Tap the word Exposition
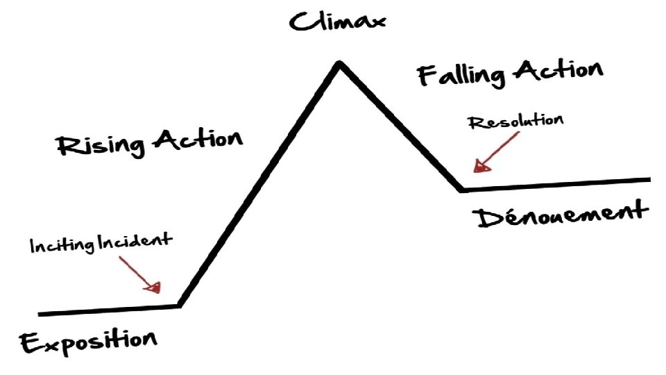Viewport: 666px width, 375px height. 89,342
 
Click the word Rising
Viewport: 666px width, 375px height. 101,145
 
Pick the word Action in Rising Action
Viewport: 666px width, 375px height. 198,139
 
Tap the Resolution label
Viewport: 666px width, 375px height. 515,122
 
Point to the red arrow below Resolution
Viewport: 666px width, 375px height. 496,151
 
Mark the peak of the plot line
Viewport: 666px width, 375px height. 339,64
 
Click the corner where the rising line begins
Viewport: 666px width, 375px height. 180,304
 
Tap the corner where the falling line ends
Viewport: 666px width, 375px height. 461,188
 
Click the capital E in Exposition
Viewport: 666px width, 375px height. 30,343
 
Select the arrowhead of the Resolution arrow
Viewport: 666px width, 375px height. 479,167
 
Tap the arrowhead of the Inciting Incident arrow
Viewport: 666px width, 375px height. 157,286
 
